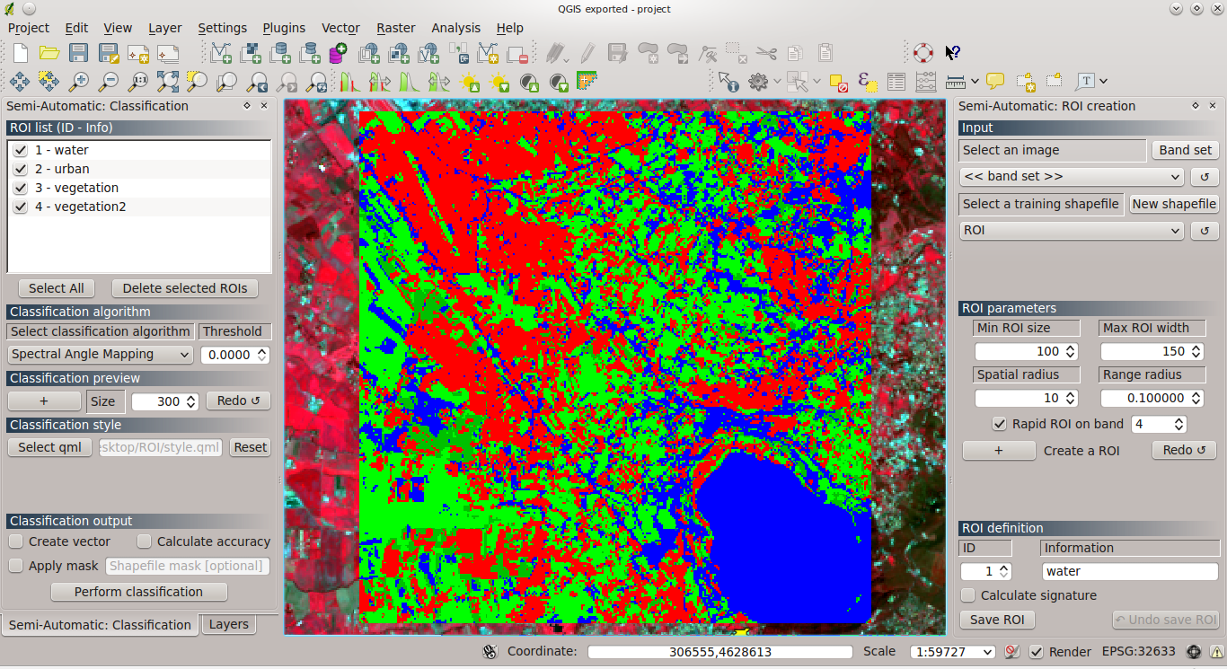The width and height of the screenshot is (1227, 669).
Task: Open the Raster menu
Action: pos(395,28)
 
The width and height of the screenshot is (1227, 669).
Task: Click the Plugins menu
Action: pos(284,28)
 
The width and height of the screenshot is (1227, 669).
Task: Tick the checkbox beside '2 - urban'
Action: pos(21,169)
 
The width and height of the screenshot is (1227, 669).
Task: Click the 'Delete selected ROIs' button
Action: pos(184,288)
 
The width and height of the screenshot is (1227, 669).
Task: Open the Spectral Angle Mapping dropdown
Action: pos(100,355)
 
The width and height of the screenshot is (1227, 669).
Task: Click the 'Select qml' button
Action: pos(49,447)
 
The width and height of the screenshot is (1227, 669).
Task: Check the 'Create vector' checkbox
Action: pos(16,541)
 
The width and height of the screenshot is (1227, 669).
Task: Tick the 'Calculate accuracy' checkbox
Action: pos(145,541)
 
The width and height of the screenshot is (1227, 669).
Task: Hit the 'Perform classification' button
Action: pos(138,592)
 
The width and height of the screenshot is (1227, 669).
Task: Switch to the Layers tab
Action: pos(228,624)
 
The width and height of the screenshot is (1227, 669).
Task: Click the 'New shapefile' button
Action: pos(1173,204)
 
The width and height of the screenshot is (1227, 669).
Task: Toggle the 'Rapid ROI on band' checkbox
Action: pos(999,424)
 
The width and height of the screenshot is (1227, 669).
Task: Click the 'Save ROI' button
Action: pos(997,620)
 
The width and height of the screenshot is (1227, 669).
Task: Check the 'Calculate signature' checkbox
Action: pos(968,595)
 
